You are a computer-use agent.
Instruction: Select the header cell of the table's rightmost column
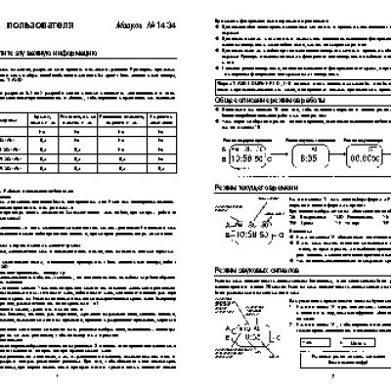coord(174,117)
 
